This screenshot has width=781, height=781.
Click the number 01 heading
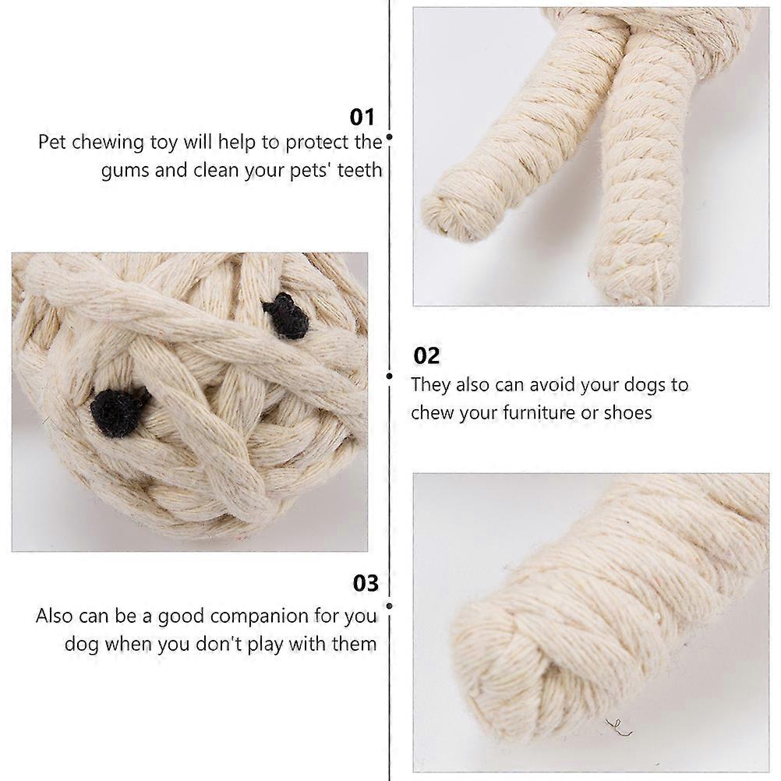[x=362, y=118]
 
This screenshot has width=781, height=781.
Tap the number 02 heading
[x=426, y=356]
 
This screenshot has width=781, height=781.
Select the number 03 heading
[x=366, y=583]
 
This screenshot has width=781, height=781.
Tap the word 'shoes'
[x=627, y=413]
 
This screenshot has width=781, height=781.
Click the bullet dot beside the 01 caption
[x=390, y=136]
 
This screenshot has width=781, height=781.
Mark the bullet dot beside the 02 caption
[x=390, y=376]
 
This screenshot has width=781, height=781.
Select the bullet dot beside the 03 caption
[x=390, y=606]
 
